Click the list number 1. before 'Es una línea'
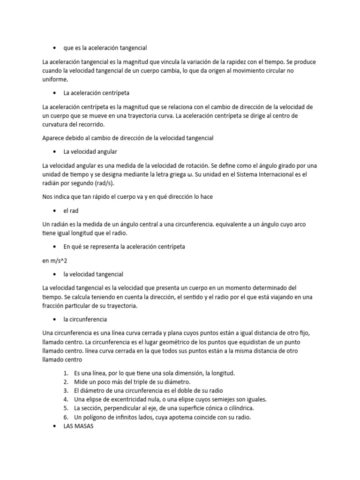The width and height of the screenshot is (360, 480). click(65, 373)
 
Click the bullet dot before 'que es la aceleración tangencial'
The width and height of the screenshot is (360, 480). click(56, 48)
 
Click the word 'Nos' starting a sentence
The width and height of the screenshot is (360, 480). click(47, 197)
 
